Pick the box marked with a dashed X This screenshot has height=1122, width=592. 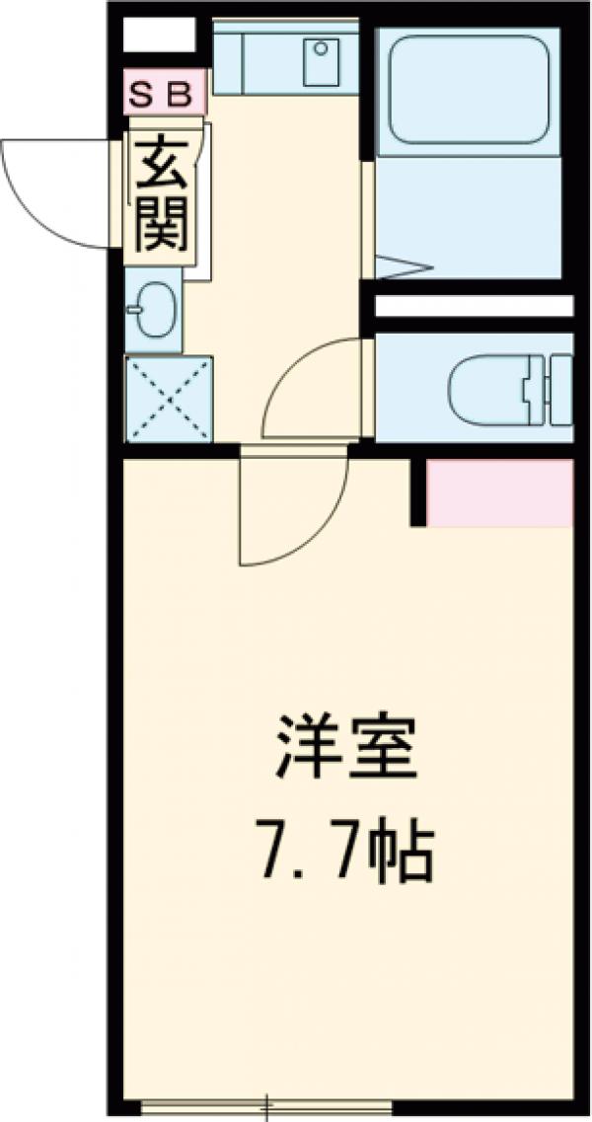tap(169, 400)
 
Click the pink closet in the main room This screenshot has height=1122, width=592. tap(501, 491)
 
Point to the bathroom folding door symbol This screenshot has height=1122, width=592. tap(405, 265)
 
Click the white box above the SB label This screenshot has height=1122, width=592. tap(159, 38)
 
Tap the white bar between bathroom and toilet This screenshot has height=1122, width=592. tap(474, 306)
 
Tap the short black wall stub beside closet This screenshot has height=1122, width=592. tap(418, 490)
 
